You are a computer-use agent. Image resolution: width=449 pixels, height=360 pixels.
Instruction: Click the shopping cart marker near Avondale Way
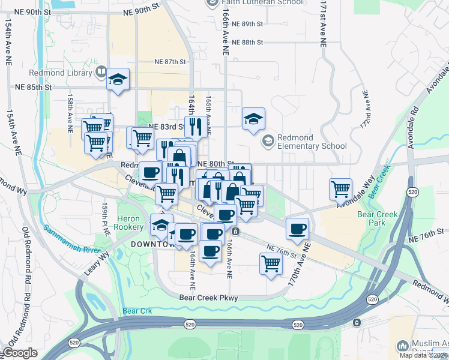coord(340,189)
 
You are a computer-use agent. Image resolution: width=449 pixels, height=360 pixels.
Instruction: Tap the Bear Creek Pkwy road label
coord(209,298)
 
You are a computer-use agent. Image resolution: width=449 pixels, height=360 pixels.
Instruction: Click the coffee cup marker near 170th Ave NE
coord(298,228)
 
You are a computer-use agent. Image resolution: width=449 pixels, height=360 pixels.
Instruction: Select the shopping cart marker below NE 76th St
coord(271,263)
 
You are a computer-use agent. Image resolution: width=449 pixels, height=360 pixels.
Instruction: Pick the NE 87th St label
coord(170,62)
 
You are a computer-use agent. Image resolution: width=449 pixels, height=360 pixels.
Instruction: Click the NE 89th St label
coord(247,23)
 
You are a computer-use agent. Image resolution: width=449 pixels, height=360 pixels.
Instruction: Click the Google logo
coord(20,353)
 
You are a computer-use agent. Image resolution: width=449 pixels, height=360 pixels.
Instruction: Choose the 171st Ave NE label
coord(323,24)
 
